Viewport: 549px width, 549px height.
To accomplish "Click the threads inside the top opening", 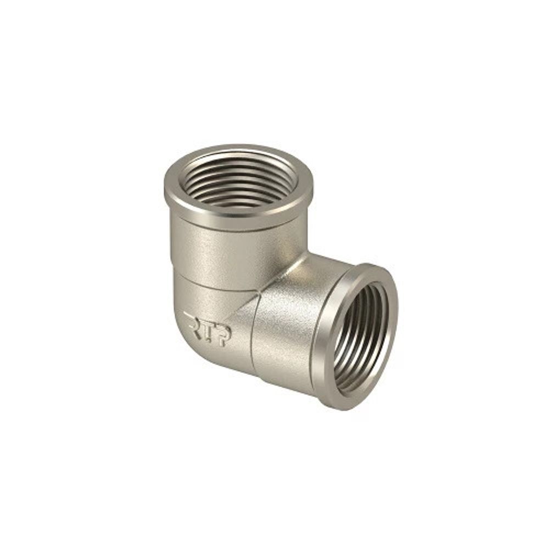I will [239, 181].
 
